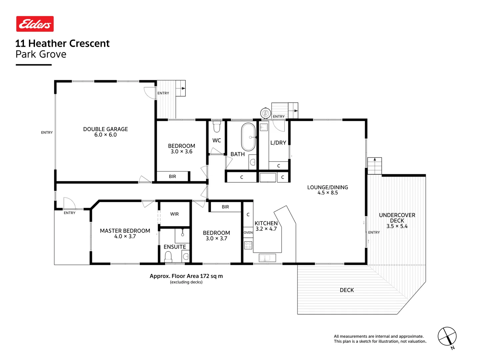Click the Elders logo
pyautogui.click(x=35, y=24)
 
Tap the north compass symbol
pyautogui.click(x=447, y=337)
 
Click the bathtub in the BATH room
pyautogui.click(x=248, y=137)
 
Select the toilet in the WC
pyautogui.click(x=217, y=127)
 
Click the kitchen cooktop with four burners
pyautogui.click(x=248, y=246)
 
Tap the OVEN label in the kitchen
pyautogui.click(x=248, y=233)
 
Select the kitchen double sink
pyautogui.click(x=267, y=258)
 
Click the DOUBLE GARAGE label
pyautogui.click(x=105, y=129)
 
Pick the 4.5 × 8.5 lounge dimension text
pyautogui.click(x=327, y=193)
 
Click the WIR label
pyautogui.click(x=174, y=214)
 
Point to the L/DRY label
pyautogui.click(x=278, y=143)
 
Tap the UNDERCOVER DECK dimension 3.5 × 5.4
pyautogui.click(x=397, y=226)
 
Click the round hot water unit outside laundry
pyautogui.click(x=265, y=113)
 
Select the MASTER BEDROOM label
pyautogui.click(x=125, y=231)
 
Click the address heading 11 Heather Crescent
pyautogui.click(x=62, y=43)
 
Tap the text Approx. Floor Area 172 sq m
pyautogui.click(x=186, y=276)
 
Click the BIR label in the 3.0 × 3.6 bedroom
pyautogui.click(x=172, y=176)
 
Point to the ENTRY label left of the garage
pyautogui.click(x=47, y=132)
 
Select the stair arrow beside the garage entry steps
pyautogui.click(x=182, y=88)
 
